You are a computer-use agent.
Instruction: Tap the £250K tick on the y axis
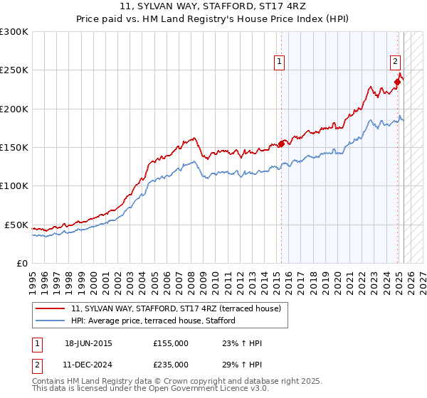(15, 70)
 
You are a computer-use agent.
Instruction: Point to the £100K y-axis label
(15, 185)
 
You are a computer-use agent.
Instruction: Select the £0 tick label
(22, 263)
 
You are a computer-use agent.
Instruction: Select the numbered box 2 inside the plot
(394, 61)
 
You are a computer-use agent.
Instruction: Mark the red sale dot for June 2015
(281, 144)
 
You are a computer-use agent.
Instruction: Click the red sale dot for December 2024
(398, 82)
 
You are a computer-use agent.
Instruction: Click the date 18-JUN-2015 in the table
(88, 343)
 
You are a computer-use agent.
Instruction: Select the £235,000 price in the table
(171, 365)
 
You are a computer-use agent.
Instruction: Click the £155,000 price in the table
(171, 343)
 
